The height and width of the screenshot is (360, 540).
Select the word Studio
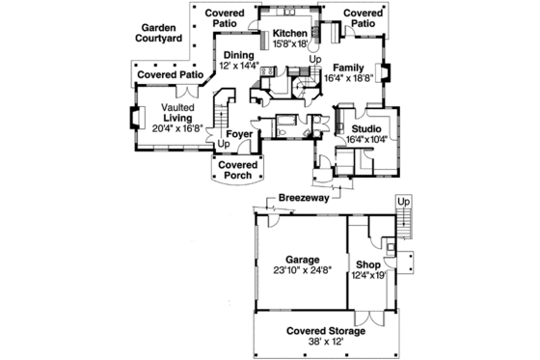366,127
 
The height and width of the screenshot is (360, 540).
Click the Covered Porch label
236,170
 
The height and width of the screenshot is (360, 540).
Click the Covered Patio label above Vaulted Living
170,74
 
